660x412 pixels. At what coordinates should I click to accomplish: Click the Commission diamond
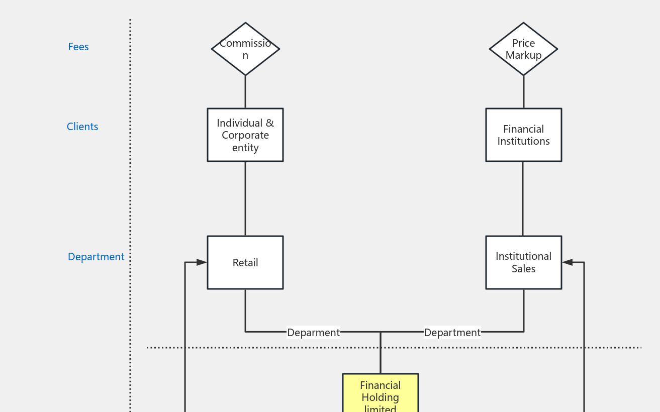pos(245,49)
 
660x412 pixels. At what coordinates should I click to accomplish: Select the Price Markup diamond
pos(523,49)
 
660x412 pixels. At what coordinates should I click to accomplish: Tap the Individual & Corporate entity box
pos(245,135)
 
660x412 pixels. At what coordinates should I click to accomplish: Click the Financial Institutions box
pos(523,135)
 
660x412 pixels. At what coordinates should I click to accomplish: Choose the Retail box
pos(245,263)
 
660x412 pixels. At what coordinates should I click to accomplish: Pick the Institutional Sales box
pos(523,263)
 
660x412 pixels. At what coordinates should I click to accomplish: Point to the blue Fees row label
pos(78,47)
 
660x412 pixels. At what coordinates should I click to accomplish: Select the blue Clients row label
pos(82,127)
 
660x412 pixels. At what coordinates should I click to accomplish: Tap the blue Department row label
pos(96,257)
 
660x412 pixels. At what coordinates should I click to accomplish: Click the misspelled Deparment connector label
pos(313,333)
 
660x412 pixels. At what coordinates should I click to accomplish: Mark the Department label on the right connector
pos(452,333)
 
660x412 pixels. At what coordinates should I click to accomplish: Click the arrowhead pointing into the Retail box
pos(202,262)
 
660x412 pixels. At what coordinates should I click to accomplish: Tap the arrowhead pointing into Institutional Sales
pos(568,262)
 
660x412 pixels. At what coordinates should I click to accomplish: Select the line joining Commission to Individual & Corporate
pos(245,92)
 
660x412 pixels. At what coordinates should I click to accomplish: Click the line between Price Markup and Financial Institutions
pos(523,92)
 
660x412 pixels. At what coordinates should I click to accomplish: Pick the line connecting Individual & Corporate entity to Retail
pos(245,198)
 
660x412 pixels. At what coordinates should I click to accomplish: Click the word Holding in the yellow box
pos(381,397)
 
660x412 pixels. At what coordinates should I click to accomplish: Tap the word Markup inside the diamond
pos(523,55)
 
